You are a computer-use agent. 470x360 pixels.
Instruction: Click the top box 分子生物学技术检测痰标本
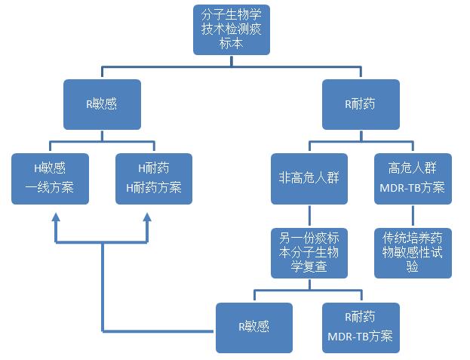click(232, 29)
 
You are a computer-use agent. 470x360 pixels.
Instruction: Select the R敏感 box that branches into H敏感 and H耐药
click(102, 104)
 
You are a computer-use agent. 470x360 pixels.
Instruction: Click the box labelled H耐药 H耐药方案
click(154, 178)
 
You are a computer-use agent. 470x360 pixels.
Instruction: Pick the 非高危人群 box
click(309, 178)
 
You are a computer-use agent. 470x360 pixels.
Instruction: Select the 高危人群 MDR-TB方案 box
click(413, 178)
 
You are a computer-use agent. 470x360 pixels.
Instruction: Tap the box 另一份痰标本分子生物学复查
click(309, 252)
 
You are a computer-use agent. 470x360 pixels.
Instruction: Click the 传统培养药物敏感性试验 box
click(413, 252)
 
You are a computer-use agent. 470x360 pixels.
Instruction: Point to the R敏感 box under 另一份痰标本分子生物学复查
click(253, 327)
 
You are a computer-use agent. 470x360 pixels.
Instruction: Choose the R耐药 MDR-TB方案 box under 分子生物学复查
click(361, 327)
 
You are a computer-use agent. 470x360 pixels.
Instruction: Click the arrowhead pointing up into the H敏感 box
click(55, 217)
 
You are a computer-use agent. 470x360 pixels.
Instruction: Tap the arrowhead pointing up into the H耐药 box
click(146, 217)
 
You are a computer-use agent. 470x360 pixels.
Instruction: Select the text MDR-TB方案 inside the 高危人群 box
click(413, 187)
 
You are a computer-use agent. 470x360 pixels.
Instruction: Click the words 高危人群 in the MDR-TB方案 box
click(413, 168)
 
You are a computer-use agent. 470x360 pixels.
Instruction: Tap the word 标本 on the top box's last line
click(232, 44)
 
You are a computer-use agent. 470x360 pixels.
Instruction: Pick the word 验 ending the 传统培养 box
click(413, 267)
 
